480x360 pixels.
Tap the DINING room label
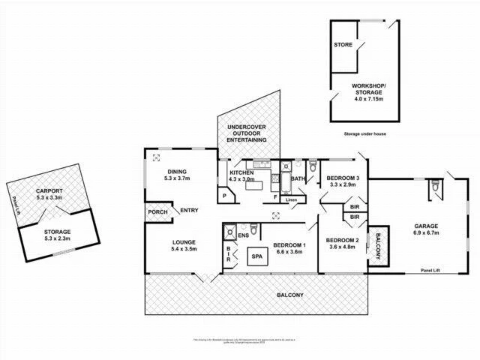point(178,171)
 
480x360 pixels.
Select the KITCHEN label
point(242,172)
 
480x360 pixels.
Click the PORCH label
point(157,211)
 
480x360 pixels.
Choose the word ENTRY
point(189,211)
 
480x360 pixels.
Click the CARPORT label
point(50,191)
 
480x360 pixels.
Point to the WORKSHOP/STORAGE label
point(367,89)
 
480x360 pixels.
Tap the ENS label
point(244,235)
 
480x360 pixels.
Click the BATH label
point(298,178)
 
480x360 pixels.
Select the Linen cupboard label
point(292,199)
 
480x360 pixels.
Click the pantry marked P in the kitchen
point(224,196)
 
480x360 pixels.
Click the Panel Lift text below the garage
point(430,270)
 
